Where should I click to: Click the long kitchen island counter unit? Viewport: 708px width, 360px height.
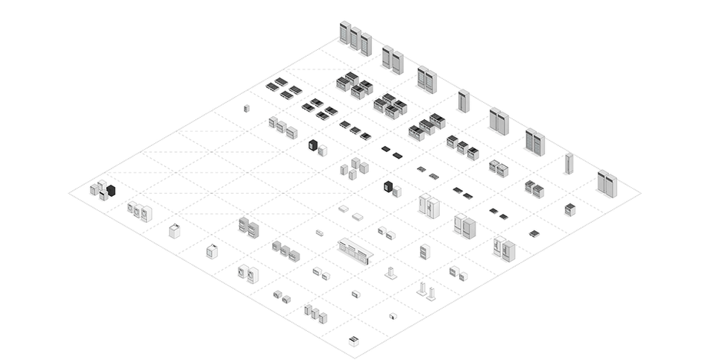(355, 250)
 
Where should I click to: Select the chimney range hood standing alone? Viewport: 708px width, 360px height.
(391, 273)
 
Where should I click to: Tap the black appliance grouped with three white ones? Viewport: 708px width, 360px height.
(110, 191)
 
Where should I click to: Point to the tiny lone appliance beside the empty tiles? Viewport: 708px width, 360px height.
(247, 108)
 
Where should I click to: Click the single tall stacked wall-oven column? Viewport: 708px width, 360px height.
(425, 252)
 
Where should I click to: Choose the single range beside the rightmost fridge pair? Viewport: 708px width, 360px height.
(570, 209)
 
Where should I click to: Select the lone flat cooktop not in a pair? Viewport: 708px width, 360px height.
(534, 234)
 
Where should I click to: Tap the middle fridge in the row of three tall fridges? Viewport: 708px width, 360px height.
(355, 37)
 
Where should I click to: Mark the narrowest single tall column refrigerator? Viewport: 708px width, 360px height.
(569, 163)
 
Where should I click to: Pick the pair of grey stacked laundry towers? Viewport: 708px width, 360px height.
(248, 227)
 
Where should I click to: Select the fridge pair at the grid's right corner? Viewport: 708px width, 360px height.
(607, 183)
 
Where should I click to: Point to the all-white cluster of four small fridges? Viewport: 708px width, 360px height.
(354, 168)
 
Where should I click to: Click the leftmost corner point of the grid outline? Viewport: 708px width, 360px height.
(70, 192)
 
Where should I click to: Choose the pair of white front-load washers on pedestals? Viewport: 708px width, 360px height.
(248, 274)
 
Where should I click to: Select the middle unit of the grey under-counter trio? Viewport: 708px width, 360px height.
(285, 250)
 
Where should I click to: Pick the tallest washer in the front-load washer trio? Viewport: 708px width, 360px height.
(146, 213)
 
